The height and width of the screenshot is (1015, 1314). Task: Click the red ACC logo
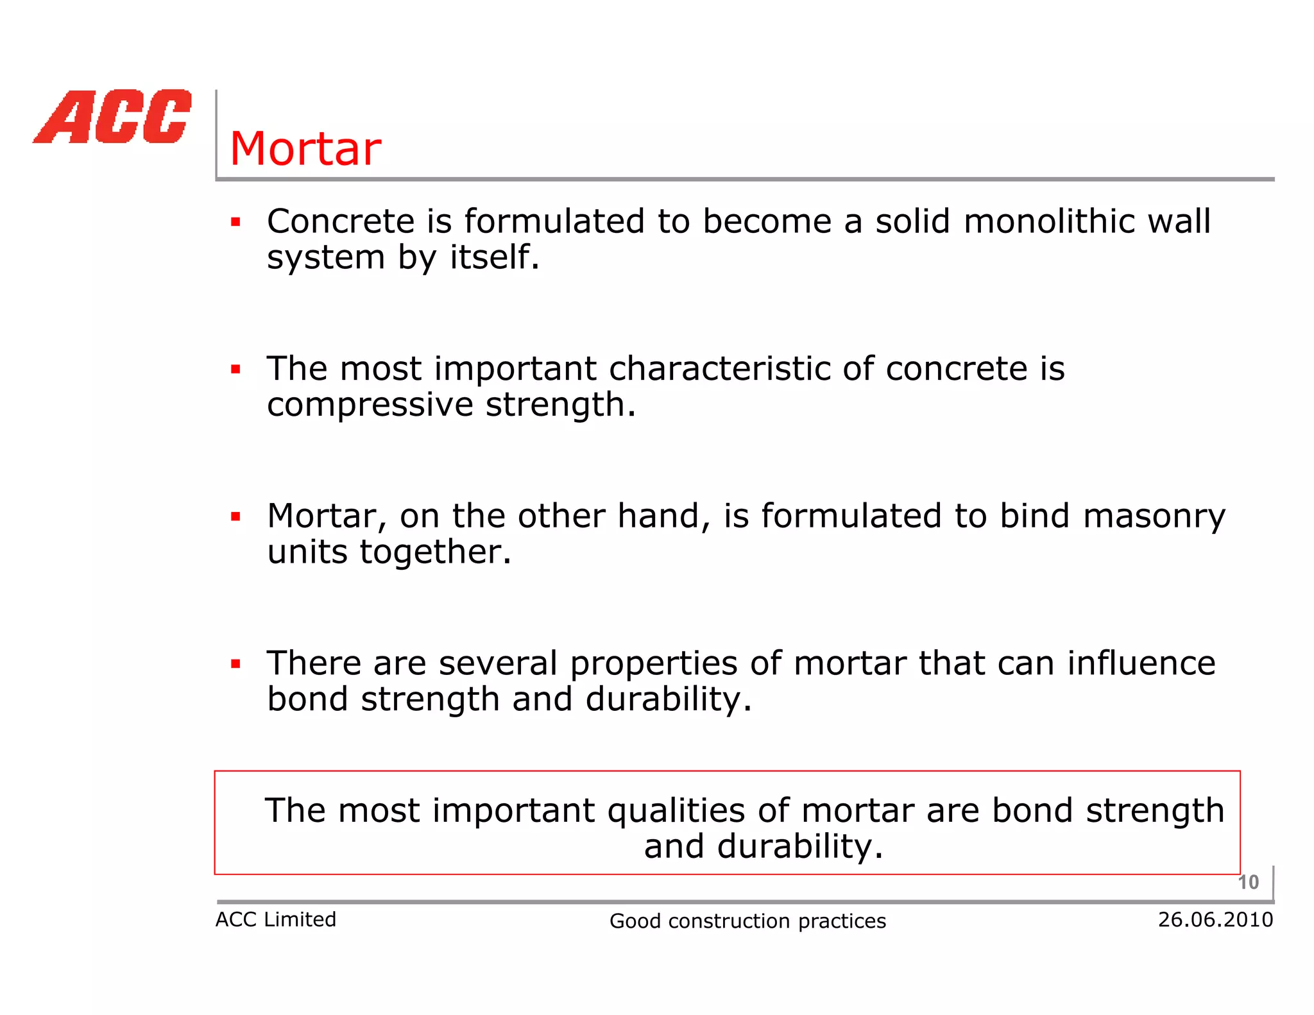113,117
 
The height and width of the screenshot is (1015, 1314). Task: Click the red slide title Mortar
305,149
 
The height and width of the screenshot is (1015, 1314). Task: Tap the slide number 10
1248,882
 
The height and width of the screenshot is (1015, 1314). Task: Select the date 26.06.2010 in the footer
1215,919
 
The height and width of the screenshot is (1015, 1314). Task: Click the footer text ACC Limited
275,919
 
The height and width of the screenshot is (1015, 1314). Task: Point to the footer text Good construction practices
747,921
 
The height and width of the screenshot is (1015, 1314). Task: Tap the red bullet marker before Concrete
235,223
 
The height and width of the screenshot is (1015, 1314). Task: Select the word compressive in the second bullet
370,405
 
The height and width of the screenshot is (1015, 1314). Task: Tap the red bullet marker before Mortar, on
235,516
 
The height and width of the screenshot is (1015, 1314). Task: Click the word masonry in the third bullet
1154,517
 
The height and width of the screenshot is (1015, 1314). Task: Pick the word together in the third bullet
435,552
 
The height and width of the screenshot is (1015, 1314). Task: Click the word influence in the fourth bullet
1141,663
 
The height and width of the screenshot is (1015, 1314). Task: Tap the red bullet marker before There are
235,664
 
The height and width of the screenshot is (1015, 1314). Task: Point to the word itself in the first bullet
494,257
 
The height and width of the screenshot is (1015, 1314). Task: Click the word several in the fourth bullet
498,663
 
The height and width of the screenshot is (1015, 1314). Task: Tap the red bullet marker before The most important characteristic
235,370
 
